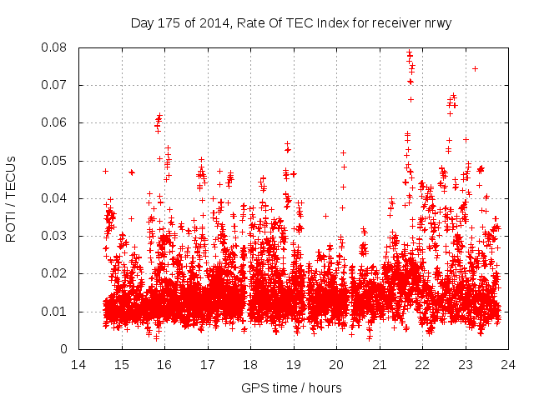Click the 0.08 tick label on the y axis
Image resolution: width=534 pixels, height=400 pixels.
point(56,47)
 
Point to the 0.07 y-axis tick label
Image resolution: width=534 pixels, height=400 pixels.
point(56,85)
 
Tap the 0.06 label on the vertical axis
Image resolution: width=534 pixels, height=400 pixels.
point(56,122)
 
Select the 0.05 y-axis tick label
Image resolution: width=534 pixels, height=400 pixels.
point(56,161)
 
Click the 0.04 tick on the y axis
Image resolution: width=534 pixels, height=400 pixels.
point(56,198)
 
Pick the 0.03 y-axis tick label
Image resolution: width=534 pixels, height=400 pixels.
point(56,236)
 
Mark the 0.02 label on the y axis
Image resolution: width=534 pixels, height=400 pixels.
point(56,273)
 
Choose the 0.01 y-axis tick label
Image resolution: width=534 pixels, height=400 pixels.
point(56,312)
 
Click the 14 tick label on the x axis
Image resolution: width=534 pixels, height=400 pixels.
point(78,364)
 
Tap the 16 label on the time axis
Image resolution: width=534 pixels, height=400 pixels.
point(164,364)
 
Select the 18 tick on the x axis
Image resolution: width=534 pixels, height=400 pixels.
point(250,364)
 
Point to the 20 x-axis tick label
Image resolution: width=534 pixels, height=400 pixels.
point(336,364)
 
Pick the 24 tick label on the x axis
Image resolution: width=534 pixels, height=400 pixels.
point(508,364)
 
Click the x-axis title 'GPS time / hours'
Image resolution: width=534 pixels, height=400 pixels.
point(291,387)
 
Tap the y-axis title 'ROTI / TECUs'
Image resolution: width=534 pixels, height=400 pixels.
point(11,198)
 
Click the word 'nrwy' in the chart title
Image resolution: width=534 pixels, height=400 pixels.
point(436,23)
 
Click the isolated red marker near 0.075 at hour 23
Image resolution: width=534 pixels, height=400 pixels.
point(475,68)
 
